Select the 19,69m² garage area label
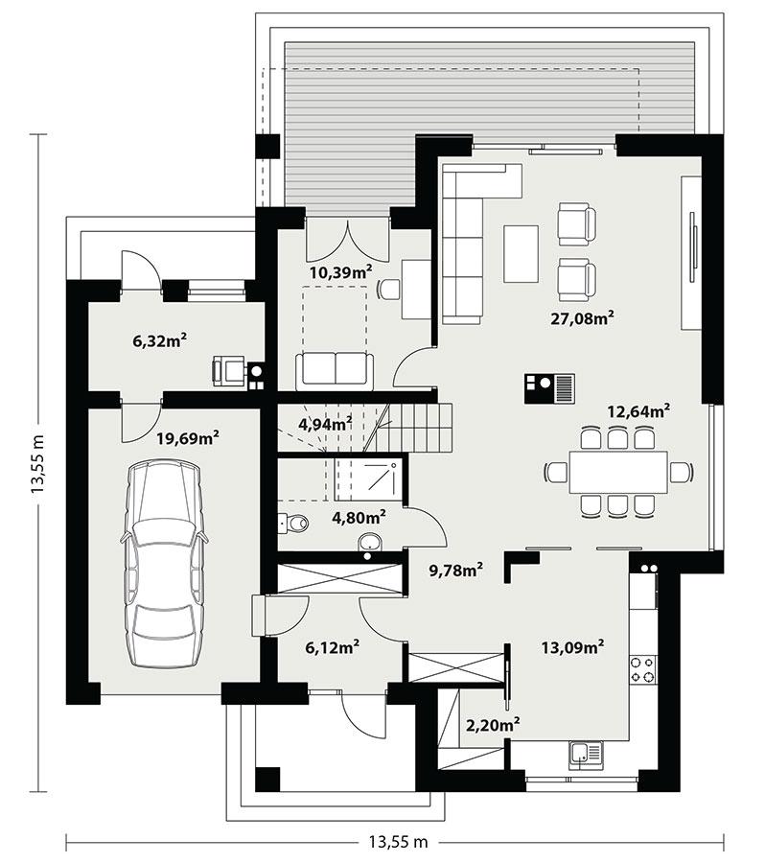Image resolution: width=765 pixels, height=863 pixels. pos(188,438)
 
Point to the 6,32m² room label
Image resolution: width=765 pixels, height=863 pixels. pos(159,339)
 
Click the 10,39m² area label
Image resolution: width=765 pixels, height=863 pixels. pos(340,272)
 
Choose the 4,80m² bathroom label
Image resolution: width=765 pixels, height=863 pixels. pos(359,517)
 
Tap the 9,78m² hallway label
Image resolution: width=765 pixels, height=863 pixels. pos(455,571)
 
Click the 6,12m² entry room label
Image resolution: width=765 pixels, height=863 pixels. pos(333,649)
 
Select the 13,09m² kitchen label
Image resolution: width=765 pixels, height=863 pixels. pos(572,647)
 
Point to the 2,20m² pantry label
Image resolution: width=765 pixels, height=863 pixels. pos(491,724)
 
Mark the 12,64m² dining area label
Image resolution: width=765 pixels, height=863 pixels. pos(637,411)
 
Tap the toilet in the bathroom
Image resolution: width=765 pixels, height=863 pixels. pos(293,523)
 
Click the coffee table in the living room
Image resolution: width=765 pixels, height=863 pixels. pos(521,253)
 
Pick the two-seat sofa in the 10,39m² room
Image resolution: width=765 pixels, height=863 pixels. pos(333,368)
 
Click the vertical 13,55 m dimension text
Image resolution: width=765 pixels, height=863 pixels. pos(38,462)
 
